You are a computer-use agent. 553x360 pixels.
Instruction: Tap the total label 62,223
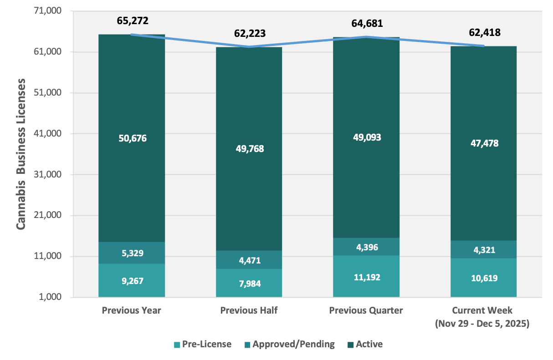(249, 33)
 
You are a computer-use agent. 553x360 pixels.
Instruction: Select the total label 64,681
(367, 23)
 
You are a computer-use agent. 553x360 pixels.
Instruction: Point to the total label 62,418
(484, 33)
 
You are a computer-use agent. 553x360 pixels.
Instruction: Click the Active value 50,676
(132, 138)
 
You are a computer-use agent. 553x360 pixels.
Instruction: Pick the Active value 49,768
(249, 149)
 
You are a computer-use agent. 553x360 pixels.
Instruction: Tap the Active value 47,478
(484, 143)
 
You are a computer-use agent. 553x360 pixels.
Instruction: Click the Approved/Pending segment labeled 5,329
(132, 253)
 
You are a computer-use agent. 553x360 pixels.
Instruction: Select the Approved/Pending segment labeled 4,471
(249, 260)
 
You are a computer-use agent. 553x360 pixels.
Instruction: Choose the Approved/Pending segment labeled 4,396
(366, 247)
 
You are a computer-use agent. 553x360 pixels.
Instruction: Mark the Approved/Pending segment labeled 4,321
(484, 250)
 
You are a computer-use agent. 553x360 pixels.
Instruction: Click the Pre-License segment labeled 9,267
(132, 281)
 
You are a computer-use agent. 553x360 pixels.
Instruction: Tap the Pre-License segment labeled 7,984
(249, 284)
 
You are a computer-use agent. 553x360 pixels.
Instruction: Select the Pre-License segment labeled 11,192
(366, 277)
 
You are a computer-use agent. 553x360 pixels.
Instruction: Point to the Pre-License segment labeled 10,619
(484, 278)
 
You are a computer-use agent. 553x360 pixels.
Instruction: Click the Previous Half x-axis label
(249, 310)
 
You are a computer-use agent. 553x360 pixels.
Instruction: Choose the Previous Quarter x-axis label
(366, 310)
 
